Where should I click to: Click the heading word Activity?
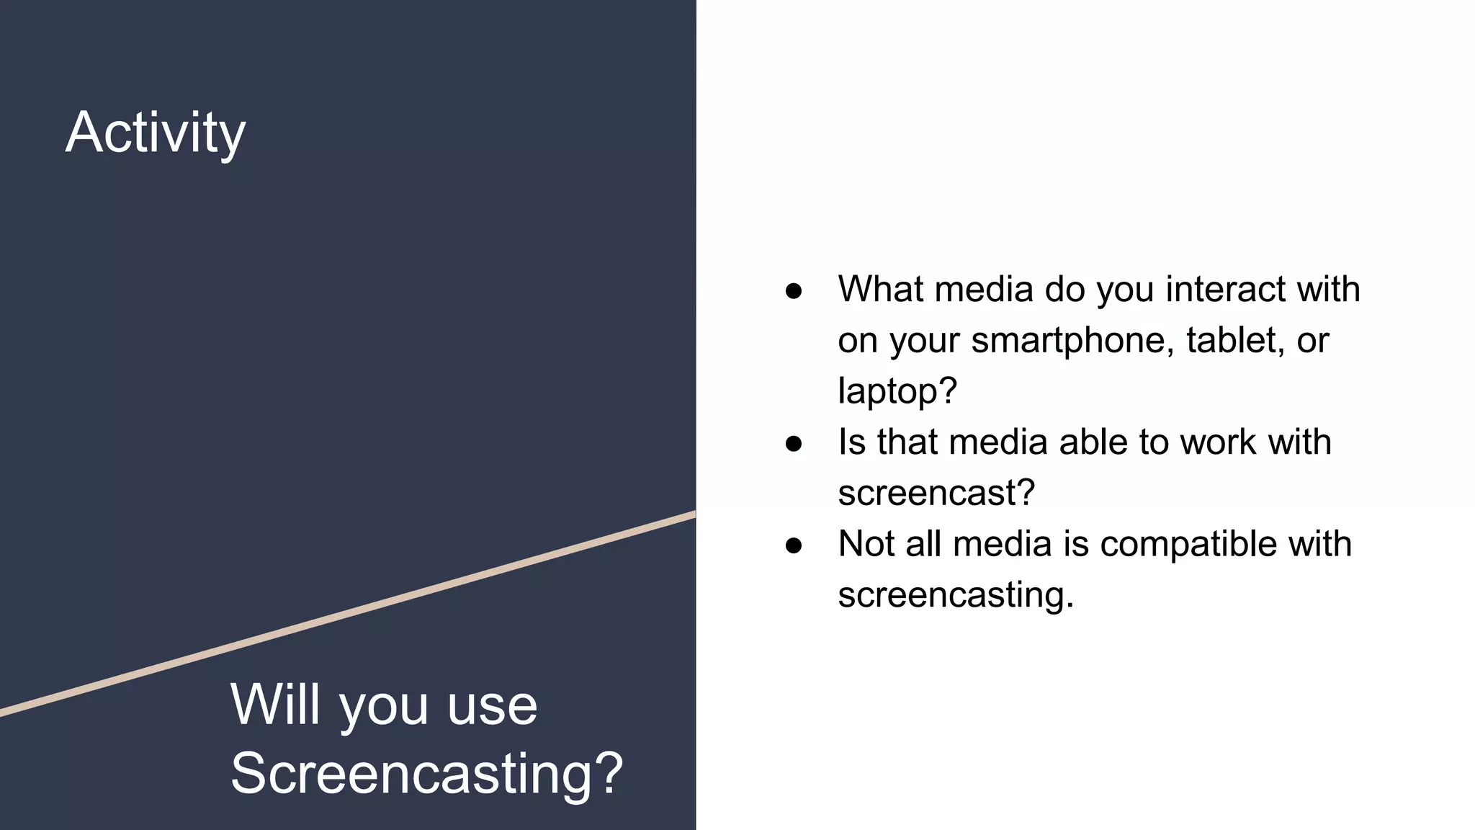[x=156, y=133]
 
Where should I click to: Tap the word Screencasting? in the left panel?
[x=426, y=773]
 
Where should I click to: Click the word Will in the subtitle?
[x=274, y=705]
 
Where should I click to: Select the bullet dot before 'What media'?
[x=794, y=291]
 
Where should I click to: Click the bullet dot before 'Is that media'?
[x=794, y=444]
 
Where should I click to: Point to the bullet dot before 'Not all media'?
[x=794, y=546]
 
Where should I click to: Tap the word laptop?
[x=897, y=391]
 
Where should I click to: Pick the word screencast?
[x=936, y=494]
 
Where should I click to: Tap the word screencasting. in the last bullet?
[x=956, y=595]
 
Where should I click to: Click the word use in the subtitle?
[x=492, y=706]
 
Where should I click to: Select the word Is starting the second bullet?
[x=851, y=442]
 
